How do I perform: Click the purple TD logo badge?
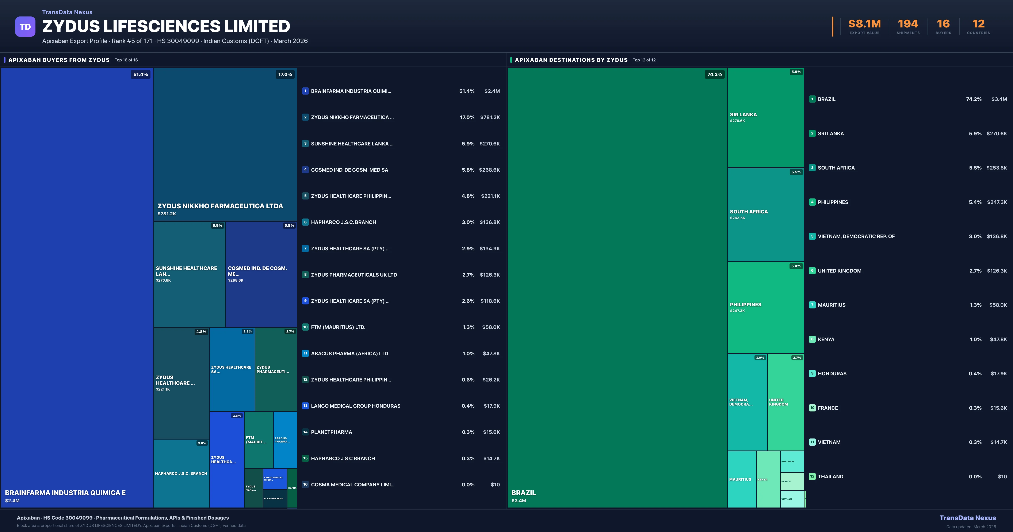coord(25,27)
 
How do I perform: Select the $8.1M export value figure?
coord(864,24)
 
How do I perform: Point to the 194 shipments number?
coord(908,24)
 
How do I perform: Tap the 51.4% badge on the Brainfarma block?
coord(140,74)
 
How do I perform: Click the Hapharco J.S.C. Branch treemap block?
coord(181,473)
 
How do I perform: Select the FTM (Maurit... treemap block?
coord(258,440)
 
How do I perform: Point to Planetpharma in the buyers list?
coord(332,432)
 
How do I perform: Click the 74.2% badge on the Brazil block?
coord(714,74)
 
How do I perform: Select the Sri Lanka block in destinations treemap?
coord(765,117)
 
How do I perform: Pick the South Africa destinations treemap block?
coord(765,214)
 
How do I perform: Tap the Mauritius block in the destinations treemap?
coord(741,479)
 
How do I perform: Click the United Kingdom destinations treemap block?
coord(785,402)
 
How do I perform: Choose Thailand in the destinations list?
coord(830,476)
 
